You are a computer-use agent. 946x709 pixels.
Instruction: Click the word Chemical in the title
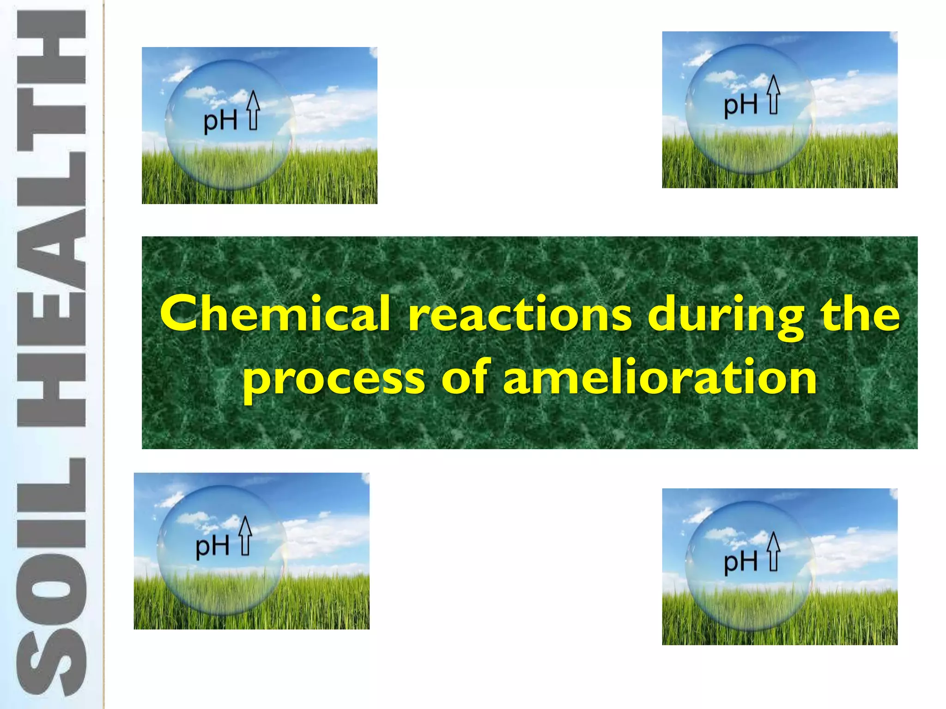pos(275,314)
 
